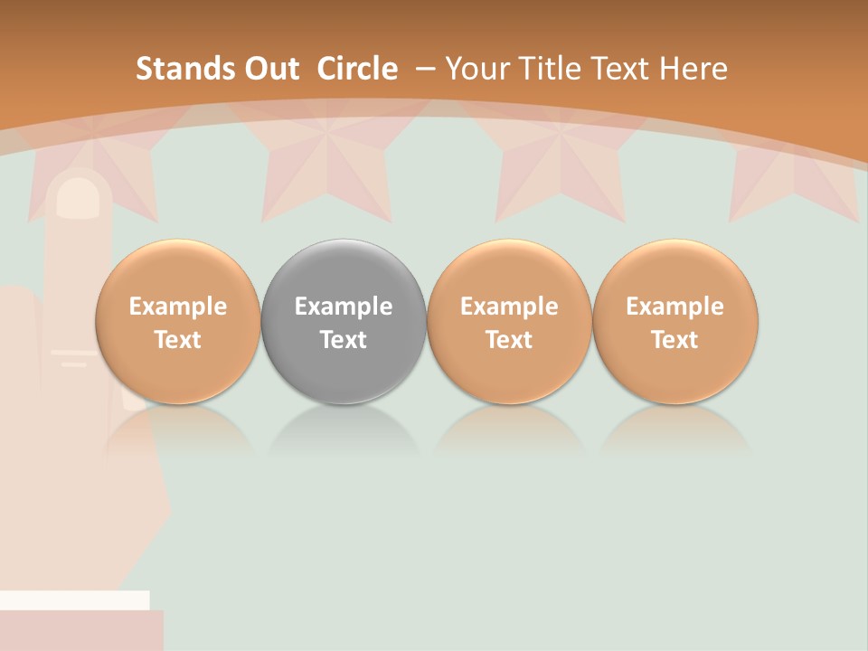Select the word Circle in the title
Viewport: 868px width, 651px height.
tap(357, 69)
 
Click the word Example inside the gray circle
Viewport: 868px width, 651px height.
tap(344, 307)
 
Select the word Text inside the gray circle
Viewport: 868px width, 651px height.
tap(344, 340)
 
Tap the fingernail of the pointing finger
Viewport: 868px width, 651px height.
tap(79, 197)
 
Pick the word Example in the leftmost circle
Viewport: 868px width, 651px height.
tap(178, 307)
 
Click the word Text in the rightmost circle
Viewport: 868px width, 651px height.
tap(675, 340)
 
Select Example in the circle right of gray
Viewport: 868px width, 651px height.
tap(509, 307)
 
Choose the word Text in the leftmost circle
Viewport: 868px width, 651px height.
tap(178, 340)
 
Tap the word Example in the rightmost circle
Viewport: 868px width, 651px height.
tap(675, 307)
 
